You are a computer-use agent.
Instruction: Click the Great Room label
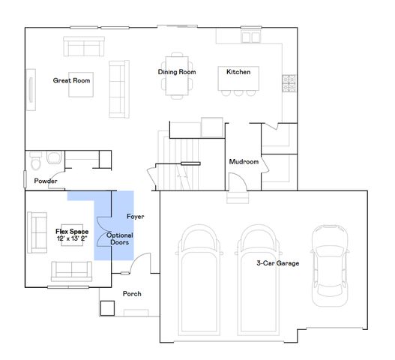click(72, 80)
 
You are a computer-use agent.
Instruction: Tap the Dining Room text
click(177, 72)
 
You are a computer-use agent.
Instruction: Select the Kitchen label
click(238, 72)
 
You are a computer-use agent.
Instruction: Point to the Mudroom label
click(244, 161)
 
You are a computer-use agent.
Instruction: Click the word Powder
click(46, 181)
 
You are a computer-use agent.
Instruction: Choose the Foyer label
click(135, 217)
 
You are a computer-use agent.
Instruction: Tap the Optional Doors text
click(121, 239)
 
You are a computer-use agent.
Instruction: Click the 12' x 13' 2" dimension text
click(72, 239)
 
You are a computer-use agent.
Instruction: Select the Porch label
click(132, 294)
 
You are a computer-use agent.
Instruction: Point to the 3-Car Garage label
click(278, 262)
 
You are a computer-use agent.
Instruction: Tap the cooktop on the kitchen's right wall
click(288, 83)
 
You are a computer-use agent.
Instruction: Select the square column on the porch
click(106, 307)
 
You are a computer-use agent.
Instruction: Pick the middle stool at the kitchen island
click(238, 94)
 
